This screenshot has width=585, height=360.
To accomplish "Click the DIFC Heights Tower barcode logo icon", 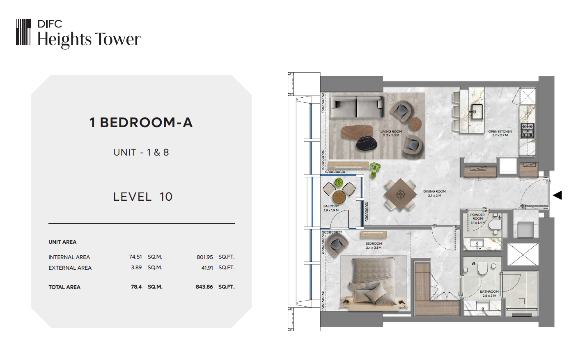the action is pyautogui.click(x=23, y=32).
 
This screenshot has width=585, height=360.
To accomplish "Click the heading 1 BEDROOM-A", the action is pyautogui.click(x=141, y=122).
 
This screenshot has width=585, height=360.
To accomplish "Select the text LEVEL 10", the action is pyautogui.click(x=143, y=197).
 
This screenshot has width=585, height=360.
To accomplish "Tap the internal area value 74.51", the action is pyautogui.click(x=135, y=257).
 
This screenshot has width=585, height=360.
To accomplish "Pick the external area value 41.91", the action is pyautogui.click(x=207, y=268).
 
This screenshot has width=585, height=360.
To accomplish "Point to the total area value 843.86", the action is pyautogui.click(x=204, y=287).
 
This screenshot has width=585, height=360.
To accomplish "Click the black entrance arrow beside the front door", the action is pyautogui.click(x=557, y=195).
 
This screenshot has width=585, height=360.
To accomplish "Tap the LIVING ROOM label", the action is pyautogui.click(x=391, y=132).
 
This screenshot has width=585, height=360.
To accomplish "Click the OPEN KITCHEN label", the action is pyautogui.click(x=500, y=132).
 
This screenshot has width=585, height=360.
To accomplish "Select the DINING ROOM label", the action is pyautogui.click(x=435, y=191).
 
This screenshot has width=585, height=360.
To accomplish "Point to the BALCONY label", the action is pyautogui.click(x=331, y=206).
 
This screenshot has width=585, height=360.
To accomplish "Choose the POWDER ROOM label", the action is pyautogui.click(x=477, y=217).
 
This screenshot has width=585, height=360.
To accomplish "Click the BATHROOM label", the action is pyautogui.click(x=489, y=291).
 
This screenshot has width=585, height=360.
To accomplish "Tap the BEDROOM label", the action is pyautogui.click(x=374, y=243).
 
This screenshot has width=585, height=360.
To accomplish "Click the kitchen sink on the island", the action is pyautogui.click(x=477, y=112).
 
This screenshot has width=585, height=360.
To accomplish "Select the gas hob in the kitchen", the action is pyautogui.click(x=528, y=130).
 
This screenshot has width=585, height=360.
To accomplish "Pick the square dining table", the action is pyautogui.click(x=400, y=195).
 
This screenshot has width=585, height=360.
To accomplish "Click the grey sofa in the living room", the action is pyautogui.click(x=357, y=107).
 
